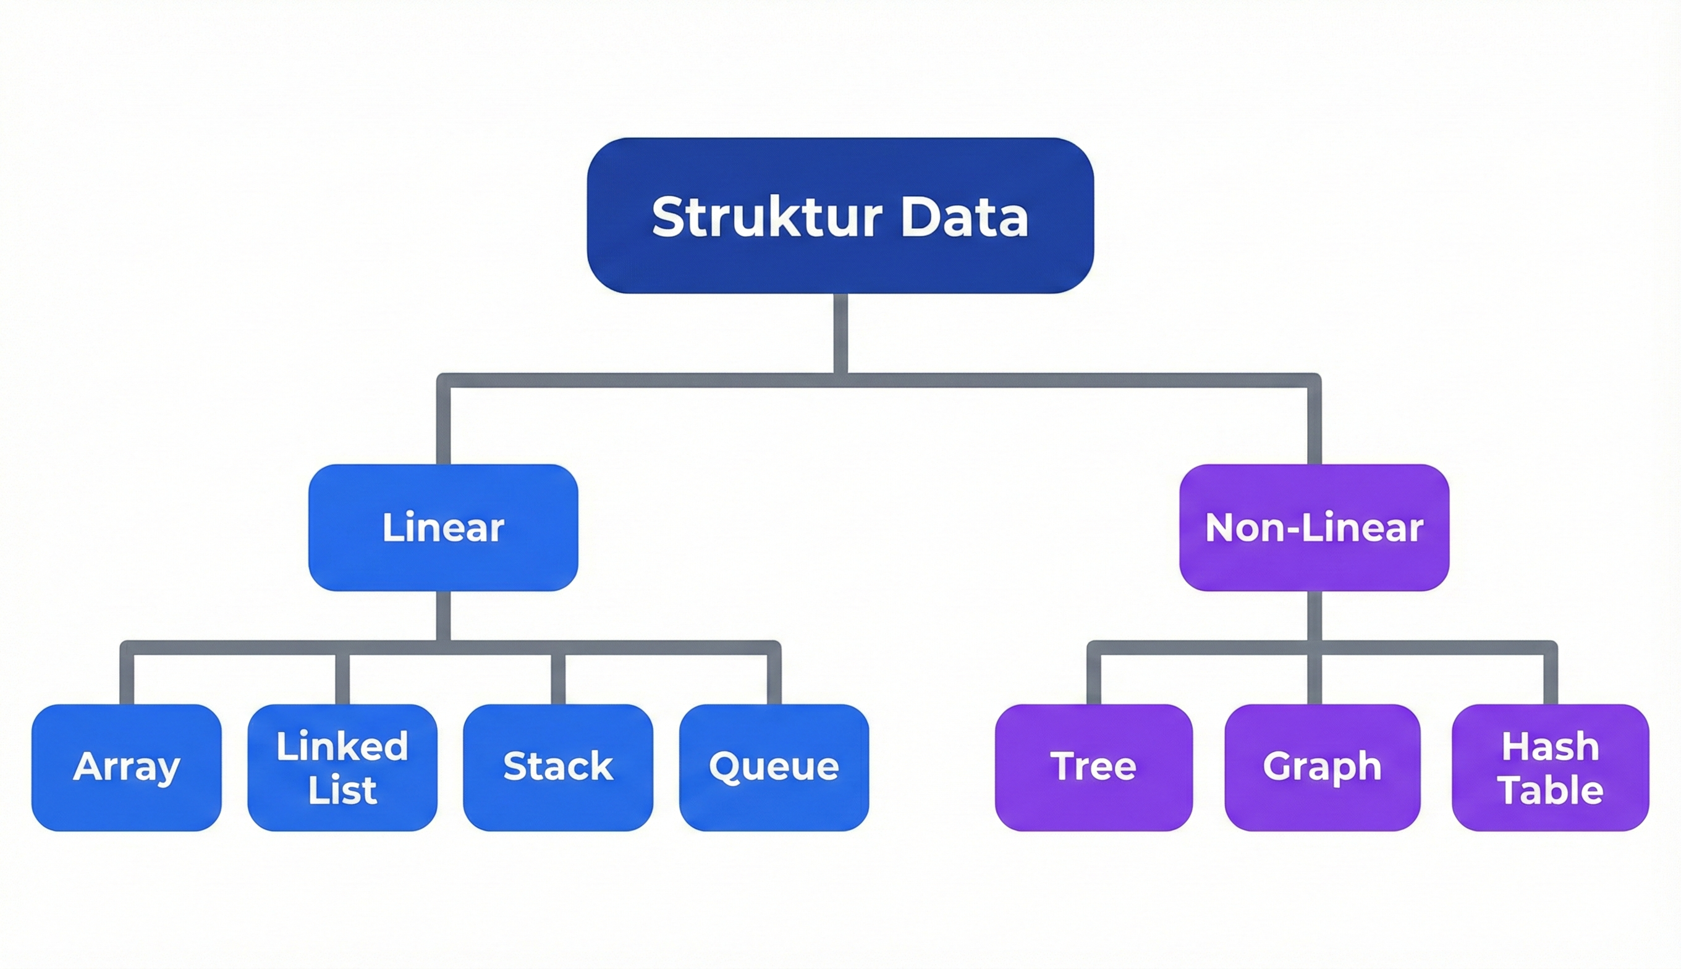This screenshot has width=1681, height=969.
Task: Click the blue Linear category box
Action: pos(443,559)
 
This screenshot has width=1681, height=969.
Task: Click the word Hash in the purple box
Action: pos(1550,747)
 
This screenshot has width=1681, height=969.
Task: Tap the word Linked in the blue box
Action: pos(342,747)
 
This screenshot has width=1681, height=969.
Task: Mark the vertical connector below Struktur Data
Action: pos(840,332)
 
